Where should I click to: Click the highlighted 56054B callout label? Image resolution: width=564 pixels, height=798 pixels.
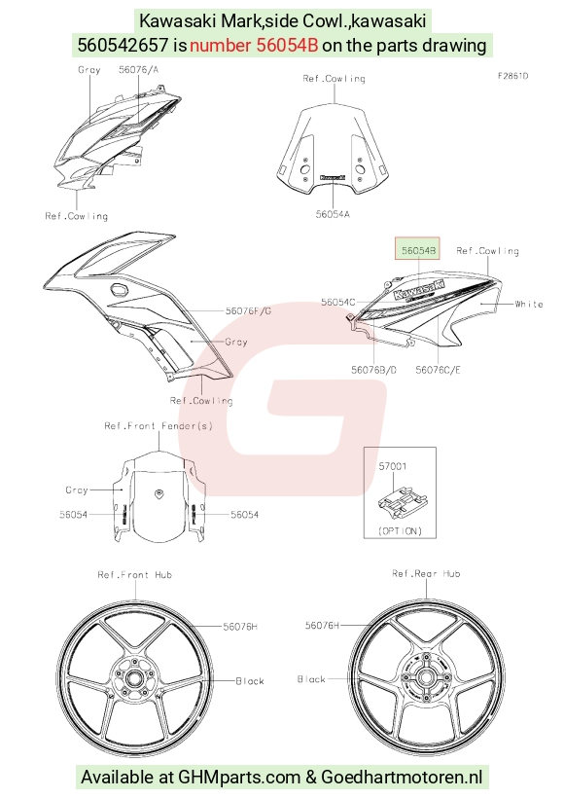pos(418,250)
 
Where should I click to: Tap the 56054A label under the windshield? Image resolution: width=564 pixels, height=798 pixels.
pos(333,214)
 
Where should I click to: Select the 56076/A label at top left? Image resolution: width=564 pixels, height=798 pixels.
pos(138,69)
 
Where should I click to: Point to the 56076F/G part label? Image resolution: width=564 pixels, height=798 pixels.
pos(249,310)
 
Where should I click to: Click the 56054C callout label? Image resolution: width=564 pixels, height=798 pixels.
pos(338,303)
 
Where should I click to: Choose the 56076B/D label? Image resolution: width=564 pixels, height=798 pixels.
pos(373,370)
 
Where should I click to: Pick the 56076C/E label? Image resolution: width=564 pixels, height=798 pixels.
pos(438,370)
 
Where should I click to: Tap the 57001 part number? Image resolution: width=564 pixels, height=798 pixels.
pos(393,466)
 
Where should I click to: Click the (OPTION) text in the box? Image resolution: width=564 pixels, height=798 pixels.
pos(401,530)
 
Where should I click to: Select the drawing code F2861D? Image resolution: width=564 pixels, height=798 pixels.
pos(512,76)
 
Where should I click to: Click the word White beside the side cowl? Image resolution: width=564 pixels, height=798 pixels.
pos(529,304)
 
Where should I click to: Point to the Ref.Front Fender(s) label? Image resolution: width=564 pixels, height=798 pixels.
pos(159,425)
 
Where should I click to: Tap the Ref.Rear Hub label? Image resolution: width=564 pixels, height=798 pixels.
pos(426,573)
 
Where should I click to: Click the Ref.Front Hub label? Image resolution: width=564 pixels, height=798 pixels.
pos(135,574)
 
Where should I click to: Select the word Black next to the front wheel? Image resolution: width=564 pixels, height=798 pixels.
pos(250,681)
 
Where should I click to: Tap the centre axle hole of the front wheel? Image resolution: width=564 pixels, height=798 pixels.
pos(134,679)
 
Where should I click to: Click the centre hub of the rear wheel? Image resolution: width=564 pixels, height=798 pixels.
pos(425,677)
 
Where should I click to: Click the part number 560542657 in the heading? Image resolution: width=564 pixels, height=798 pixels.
pos(123,46)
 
